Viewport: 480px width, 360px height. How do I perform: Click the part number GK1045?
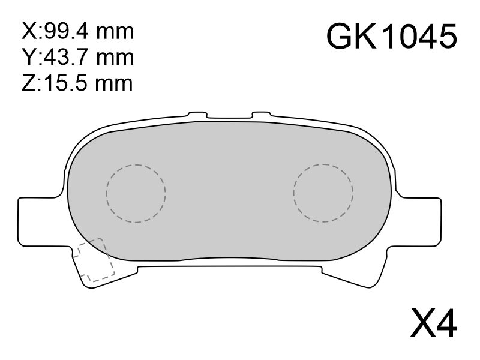tap(392, 37)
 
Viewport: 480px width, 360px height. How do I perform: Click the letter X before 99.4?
tap(28, 31)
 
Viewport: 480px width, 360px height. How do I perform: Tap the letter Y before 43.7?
tap(28, 57)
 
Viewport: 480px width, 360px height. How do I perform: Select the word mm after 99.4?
tap(115, 33)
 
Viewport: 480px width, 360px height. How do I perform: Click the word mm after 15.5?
tap(114, 85)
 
